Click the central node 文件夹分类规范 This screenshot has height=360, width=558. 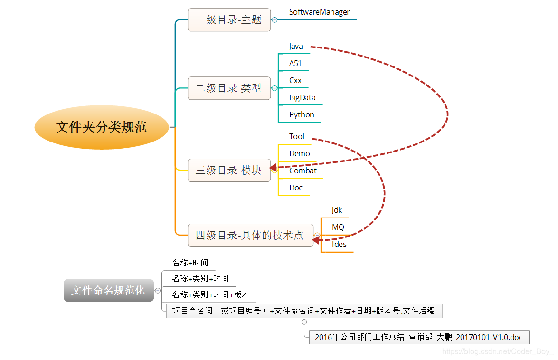click(x=101, y=127)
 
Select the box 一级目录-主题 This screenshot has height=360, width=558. click(x=229, y=20)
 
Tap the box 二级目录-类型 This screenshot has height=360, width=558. click(x=229, y=88)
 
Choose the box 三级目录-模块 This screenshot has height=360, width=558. click(x=229, y=170)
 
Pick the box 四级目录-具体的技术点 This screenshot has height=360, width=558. click(x=250, y=235)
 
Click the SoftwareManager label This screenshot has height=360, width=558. click(x=319, y=12)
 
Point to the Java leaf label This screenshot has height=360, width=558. click(x=296, y=47)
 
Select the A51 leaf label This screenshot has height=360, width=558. click(x=295, y=63)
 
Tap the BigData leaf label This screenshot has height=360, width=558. click(x=303, y=97)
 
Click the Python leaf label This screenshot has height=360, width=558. click(x=302, y=114)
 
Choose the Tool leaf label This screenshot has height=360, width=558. click(x=297, y=136)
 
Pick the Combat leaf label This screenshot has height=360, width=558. click(x=303, y=171)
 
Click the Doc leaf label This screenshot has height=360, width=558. click(x=296, y=188)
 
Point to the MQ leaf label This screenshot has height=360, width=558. click(x=338, y=227)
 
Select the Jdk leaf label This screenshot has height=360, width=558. click(x=337, y=210)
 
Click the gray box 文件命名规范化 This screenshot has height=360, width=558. click(x=109, y=290)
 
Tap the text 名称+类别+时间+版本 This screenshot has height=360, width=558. click(x=211, y=295)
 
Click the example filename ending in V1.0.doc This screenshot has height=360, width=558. click(x=418, y=338)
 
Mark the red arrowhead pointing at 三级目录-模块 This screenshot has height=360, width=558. click(x=273, y=168)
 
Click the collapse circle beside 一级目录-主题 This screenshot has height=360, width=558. click(x=274, y=20)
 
